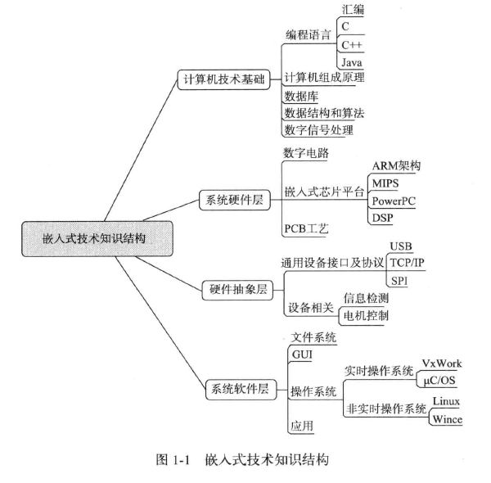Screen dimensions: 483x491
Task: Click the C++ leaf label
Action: point(354,43)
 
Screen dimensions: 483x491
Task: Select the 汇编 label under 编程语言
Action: point(353,9)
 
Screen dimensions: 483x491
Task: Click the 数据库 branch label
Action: point(300,97)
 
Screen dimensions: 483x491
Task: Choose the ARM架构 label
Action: point(396,165)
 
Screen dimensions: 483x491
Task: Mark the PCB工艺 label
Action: point(305,227)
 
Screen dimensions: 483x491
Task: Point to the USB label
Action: point(402,246)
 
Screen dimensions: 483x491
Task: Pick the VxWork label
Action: point(441,362)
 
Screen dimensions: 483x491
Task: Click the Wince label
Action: point(446,420)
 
